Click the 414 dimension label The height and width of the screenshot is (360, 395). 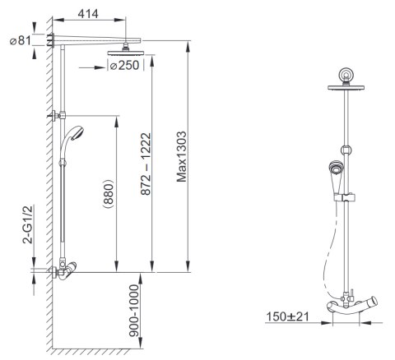pos(88,14)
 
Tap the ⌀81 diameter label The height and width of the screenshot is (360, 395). pos(21,41)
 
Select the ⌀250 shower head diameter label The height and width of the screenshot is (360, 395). pos(124,66)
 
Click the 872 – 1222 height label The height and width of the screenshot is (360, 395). pos(146,164)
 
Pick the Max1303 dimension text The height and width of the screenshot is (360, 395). pos(181,157)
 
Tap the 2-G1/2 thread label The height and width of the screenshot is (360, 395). pos(27,224)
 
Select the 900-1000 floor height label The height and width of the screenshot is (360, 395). pos(134,311)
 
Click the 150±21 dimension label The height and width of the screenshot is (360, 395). pos(288,316)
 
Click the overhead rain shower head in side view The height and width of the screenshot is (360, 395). pos(126,53)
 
